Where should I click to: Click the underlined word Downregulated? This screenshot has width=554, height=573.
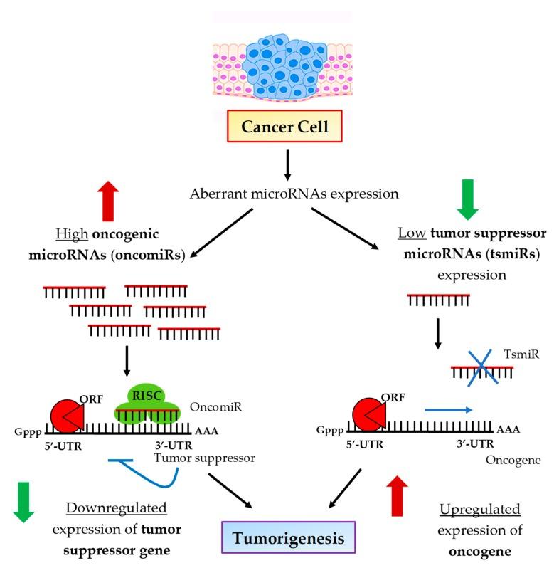[116, 509]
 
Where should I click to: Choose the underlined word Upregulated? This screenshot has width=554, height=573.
[479, 510]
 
